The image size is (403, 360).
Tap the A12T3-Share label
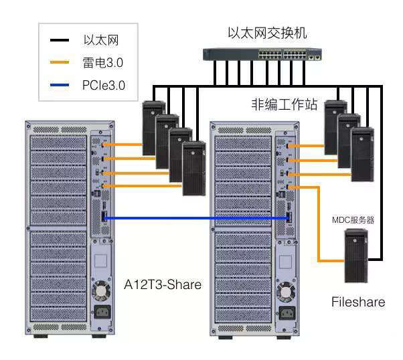coord(163,284)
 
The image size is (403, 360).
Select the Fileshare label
coord(358,302)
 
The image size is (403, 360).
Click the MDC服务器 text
coord(355,219)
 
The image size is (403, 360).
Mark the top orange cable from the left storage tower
coord(124,144)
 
